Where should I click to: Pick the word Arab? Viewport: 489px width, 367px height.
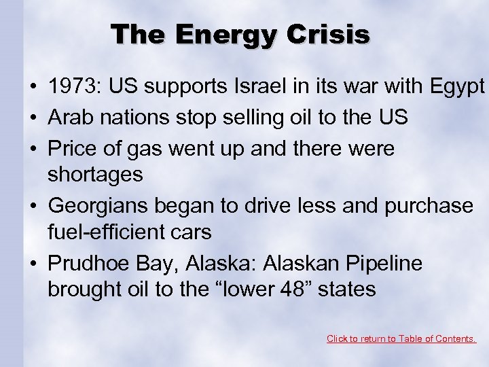point(69,117)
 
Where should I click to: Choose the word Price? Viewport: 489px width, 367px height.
point(71,147)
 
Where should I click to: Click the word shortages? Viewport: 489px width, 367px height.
point(95,175)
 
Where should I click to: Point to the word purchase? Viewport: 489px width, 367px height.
point(429,205)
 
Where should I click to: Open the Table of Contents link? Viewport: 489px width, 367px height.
point(401,338)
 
